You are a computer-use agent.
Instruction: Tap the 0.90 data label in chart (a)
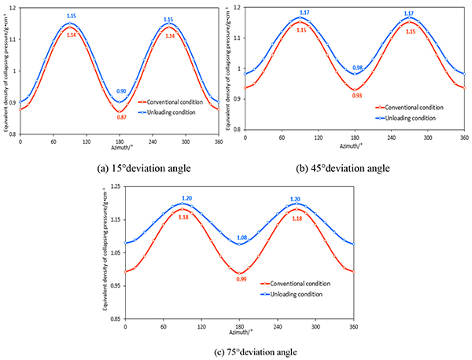121,92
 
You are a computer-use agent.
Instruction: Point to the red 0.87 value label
121,117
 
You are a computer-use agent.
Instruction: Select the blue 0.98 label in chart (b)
357,68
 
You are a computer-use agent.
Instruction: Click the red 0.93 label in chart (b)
357,96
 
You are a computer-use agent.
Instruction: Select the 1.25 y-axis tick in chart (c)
115,186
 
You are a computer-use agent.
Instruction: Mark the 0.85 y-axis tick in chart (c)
115,319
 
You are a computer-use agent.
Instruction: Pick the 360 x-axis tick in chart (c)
353,325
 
